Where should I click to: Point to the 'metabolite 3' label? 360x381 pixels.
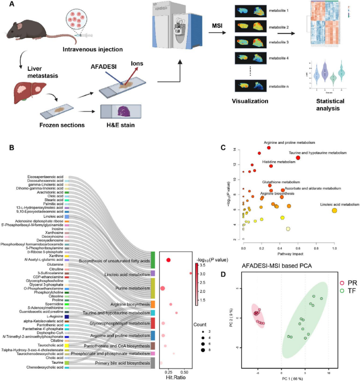(x=279, y=43)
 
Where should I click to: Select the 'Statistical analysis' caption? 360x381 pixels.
(x=327, y=104)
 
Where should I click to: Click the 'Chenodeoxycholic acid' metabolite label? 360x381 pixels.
(x=45, y=367)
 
